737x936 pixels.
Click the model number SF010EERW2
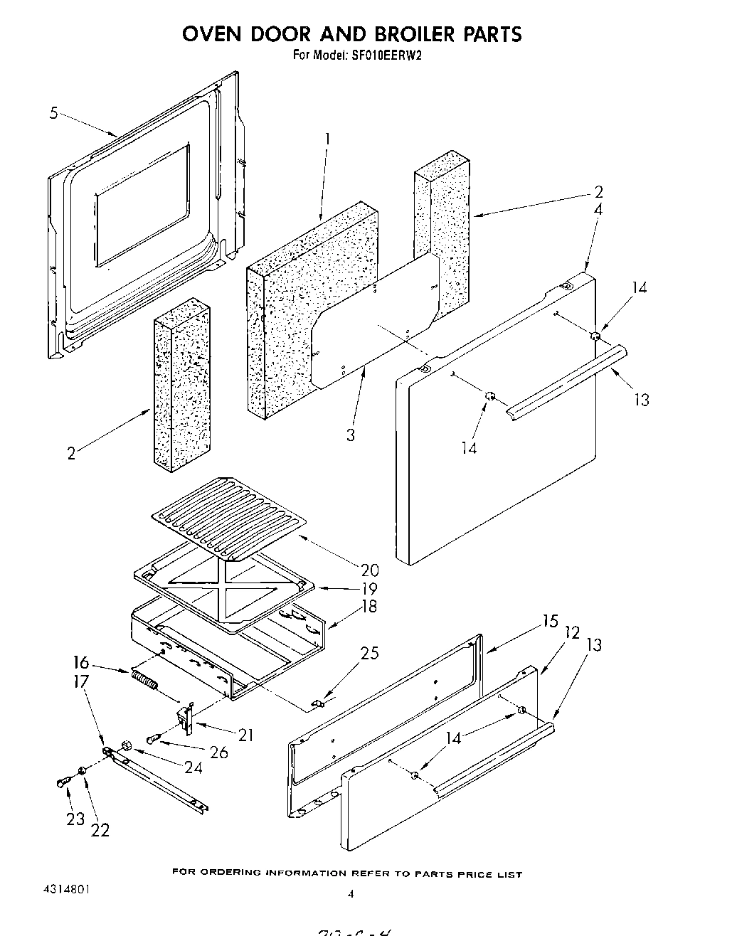coord(387,54)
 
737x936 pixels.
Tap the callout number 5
coord(54,112)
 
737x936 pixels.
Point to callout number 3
coord(350,435)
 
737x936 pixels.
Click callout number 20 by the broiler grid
coord(369,570)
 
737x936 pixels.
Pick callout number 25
coord(369,653)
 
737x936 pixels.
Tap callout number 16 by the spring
coord(80,663)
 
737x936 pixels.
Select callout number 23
coord(75,819)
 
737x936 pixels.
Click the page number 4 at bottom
coord(350,895)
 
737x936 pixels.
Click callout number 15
coord(550,621)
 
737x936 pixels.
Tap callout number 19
coord(369,589)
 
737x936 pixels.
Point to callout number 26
coord(218,751)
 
